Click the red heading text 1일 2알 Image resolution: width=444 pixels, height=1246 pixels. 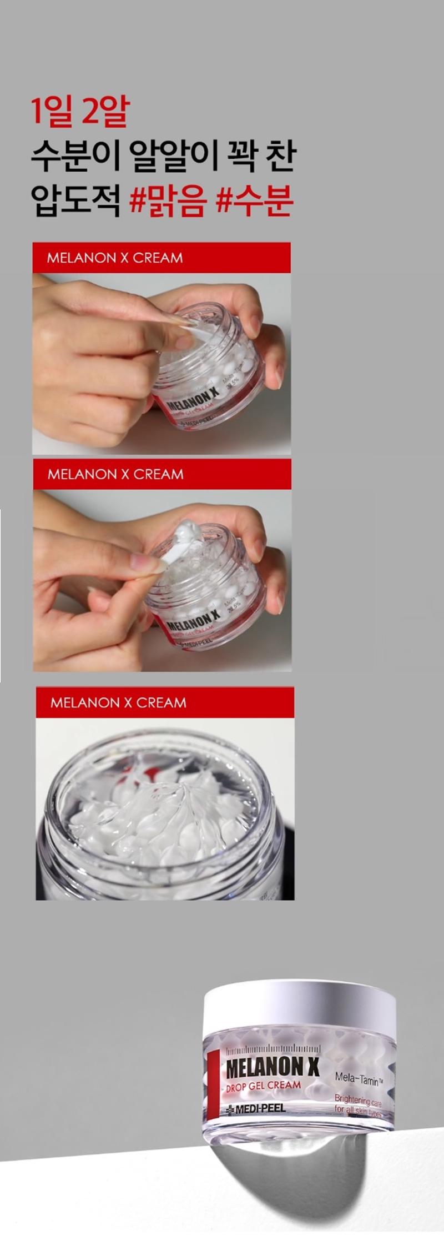[x=79, y=111]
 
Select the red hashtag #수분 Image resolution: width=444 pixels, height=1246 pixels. [x=254, y=200]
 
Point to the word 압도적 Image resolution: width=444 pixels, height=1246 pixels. [x=75, y=200]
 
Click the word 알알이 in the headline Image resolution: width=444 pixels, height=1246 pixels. [x=173, y=156]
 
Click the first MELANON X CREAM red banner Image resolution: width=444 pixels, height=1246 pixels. [x=161, y=258]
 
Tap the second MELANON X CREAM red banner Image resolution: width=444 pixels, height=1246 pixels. [x=162, y=474]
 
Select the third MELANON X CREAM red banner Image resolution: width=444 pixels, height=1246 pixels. [x=164, y=702]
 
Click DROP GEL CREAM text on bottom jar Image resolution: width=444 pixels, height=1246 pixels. [x=263, y=1086]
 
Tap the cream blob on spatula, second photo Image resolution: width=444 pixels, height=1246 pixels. [x=186, y=532]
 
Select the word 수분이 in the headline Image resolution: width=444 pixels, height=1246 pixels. [x=75, y=156]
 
